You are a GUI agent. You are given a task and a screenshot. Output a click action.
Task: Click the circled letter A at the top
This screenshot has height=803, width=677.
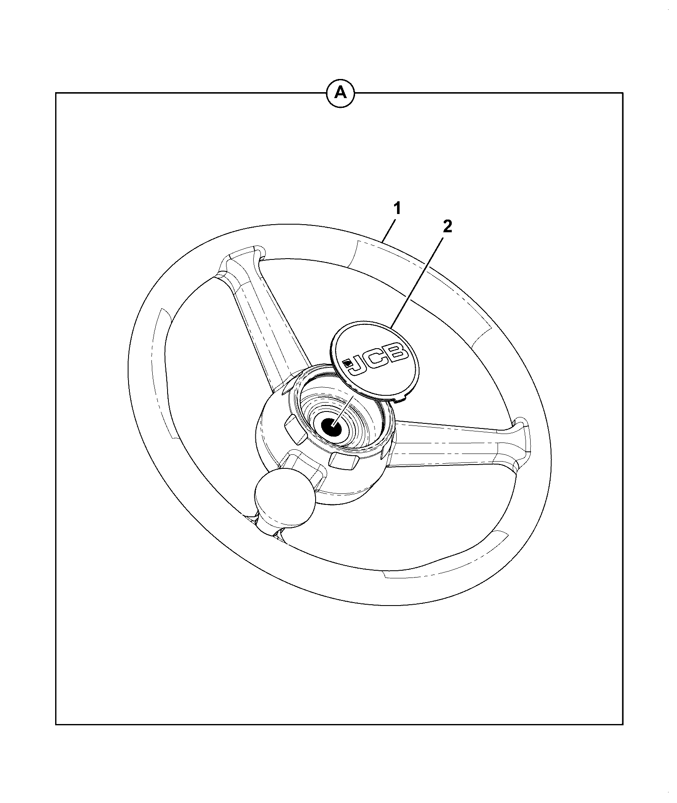click(x=340, y=93)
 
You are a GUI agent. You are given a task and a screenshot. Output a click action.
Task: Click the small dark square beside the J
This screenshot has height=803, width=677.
click(x=347, y=362)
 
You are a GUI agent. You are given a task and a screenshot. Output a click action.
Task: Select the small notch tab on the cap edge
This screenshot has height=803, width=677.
click(x=401, y=399)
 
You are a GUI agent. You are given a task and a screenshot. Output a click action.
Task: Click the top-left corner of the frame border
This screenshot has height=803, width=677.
click(x=56, y=93)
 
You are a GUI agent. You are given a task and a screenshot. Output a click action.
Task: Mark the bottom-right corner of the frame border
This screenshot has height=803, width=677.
click(x=623, y=724)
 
